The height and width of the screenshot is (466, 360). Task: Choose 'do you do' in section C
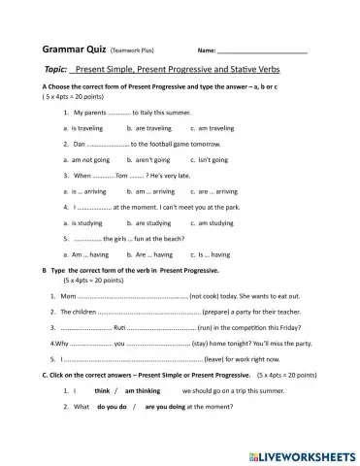coord(113,407)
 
